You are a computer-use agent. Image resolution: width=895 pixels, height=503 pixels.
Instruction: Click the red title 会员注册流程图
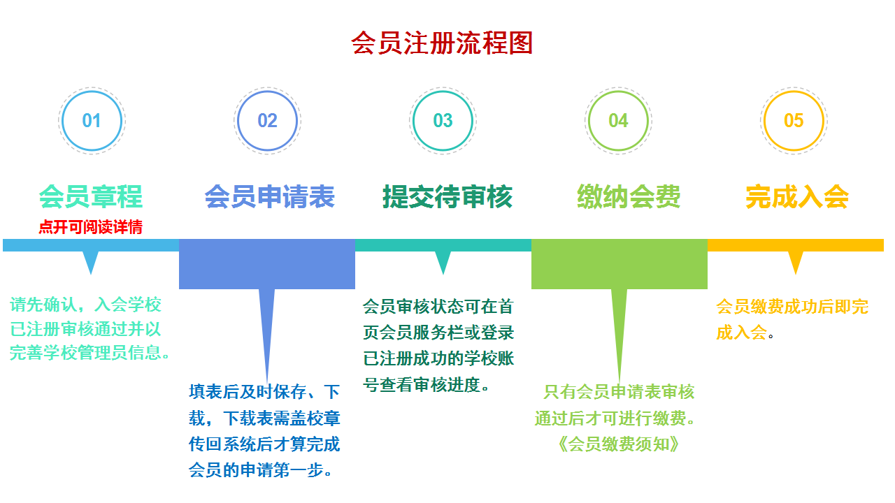pyautogui.click(x=442, y=43)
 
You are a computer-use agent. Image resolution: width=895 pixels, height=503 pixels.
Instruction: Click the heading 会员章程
pyautogui.click(x=91, y=197)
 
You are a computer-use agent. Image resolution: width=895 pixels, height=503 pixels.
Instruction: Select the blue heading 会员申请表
pyautogui.click(x=270, y=197)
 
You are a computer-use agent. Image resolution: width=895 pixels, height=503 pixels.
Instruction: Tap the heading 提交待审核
pyautogui.click(x=447, y=197)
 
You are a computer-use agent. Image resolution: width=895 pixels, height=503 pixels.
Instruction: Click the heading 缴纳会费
pyautogui.click(x=629, y=197)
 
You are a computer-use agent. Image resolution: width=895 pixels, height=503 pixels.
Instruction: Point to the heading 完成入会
pyautogui.click(x=797, y=197)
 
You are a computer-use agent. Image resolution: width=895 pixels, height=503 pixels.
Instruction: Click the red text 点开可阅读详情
pyautogui.click(x=91, y=227)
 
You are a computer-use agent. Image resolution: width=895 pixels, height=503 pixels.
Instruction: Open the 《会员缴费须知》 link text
pyautogui.click(x=618, y=444)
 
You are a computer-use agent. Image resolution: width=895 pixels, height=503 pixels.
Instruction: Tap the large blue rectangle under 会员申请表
pyautogui.click(x=267, y=264)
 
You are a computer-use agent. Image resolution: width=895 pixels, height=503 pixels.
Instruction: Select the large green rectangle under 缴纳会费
pyautogui.click(x=620, y=264)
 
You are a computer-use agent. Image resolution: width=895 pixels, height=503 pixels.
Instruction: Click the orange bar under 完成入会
pyautogui.click(x=796, y=245)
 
